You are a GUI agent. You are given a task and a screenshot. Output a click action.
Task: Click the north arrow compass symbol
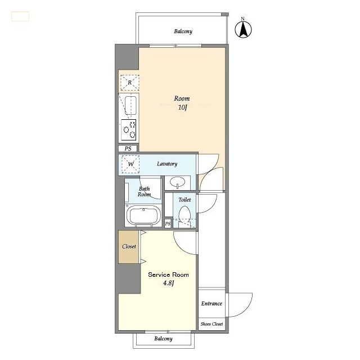click(x=243, y=29)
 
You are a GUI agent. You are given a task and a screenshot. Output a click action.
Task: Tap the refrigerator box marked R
click(x=130, y=83)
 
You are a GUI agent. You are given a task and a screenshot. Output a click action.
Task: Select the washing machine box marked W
click(x=130, y=164)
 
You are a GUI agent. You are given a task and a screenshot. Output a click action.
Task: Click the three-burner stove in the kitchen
click(x=129, y=130)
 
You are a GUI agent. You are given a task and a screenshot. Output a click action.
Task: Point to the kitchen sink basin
click(x=130, y=105)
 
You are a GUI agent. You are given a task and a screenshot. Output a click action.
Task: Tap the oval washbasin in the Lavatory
click(x=178, y=182)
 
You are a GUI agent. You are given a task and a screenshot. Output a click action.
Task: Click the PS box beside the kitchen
click(x=128, y=148)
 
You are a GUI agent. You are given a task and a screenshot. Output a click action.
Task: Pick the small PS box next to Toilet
click(x=168, y=223)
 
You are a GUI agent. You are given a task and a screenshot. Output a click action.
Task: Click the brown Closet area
click(x=129, y=247)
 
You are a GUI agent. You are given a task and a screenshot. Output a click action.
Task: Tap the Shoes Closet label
click(x=211, y=324)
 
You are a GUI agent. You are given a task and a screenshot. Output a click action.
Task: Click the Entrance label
click(x=211, y=304)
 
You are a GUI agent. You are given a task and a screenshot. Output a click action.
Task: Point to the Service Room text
click(x=168, y=274)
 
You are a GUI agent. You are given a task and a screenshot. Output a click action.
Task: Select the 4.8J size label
click(x=168, y=283)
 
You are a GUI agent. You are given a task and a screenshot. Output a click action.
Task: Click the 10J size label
click(x=183, y=107)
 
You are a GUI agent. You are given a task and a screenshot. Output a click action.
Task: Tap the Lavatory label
click(x=167, y=164)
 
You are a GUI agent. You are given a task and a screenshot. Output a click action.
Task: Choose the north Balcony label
click(x=183, y=31)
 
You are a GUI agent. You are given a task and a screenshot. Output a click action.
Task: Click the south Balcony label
click(x=163, y=339)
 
